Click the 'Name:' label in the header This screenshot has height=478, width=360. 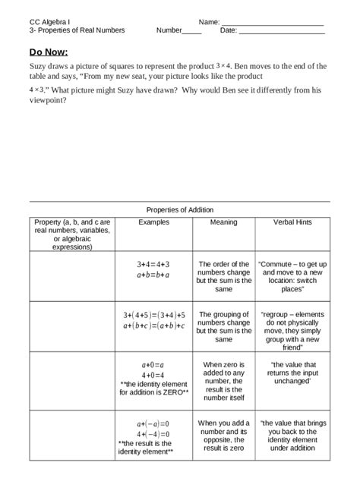click(x=210, y=22)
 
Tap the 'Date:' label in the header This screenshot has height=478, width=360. click(x=229, y=31)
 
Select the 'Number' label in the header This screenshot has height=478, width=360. click(x=169, y=31)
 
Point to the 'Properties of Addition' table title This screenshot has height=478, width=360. click(x=180, y=210)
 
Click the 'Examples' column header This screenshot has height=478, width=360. click(x=154, y=222)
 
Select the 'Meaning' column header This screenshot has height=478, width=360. click(x=223, y=222)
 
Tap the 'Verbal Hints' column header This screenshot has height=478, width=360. click(x=292, y=222)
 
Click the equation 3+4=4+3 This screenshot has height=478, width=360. click(x=153, y=265)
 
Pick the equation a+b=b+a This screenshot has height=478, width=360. click(x=153, y=275)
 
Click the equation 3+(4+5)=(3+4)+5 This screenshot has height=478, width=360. click(x=154, y=315)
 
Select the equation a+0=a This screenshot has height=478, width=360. click(x=153, y=365)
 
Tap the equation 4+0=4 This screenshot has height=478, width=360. click(x=153, y=375)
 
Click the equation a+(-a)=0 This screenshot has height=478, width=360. click(x=153, y=424)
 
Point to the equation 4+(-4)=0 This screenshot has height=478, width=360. click(x=153, y=434)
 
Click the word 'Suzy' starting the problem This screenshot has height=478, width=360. click(x=38, y=66)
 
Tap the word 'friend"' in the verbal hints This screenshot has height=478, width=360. click(x=292, y=348)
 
